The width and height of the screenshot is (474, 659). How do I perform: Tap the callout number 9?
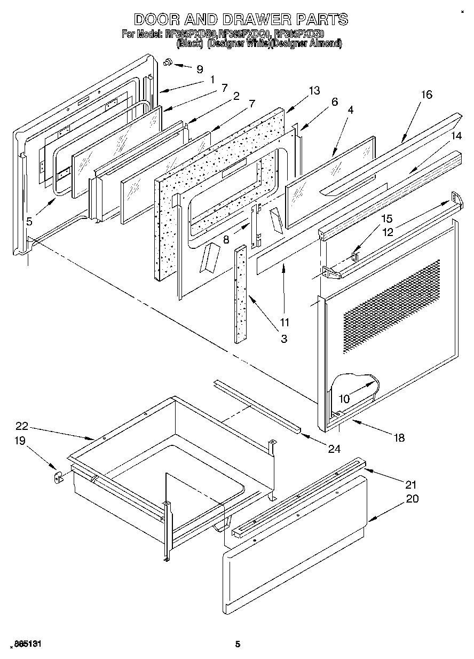(x=200, y=69)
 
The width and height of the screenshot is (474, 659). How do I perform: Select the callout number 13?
(x=314, y=91)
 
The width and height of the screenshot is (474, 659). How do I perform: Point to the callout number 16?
(x=426, y=95)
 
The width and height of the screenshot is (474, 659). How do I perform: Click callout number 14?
(x=456, y=136)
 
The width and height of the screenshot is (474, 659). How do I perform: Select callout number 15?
(x=386, y=218)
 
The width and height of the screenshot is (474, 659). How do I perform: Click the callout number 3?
(x=283, y=338)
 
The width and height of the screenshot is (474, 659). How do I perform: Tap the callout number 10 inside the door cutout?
(x=344, y=398)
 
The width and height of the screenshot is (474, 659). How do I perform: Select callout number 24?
(x=334, y=449)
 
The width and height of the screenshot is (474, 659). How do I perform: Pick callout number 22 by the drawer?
(x=21, y=426)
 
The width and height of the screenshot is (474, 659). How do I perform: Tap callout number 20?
(x=412, y=499)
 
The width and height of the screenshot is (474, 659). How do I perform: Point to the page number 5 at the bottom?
(x=238, y=644)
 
